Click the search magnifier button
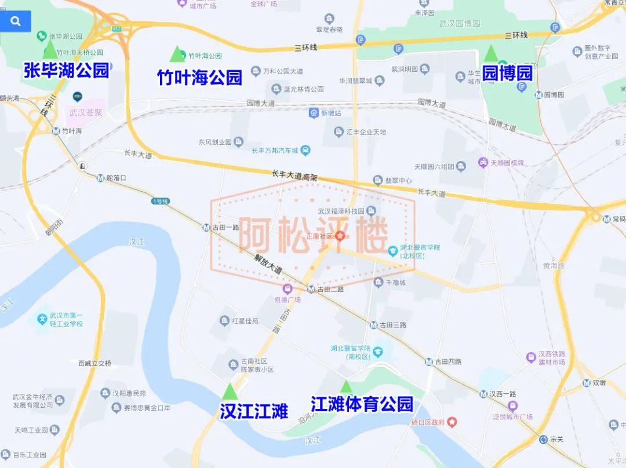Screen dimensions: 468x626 tap(16, 21)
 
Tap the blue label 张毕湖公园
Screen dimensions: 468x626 tap(66, 71)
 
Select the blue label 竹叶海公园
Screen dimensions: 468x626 tap(199, 78)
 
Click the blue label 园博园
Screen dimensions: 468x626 tap(507, 74)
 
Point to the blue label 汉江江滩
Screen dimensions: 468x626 tap(254, 412)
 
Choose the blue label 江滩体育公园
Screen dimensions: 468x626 tap(362, 404)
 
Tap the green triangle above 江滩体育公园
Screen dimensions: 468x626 tap(346, 386)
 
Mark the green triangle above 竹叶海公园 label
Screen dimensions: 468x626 tap(176, 54)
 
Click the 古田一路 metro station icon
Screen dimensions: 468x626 tap(206, 228)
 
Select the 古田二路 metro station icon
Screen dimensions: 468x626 tap(311, 289)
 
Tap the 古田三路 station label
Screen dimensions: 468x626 tap(393, 326)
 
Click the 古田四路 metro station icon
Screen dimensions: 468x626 tap(428, 362)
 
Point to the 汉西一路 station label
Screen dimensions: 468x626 tap(502, 394)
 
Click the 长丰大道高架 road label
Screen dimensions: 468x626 tap(294, 175)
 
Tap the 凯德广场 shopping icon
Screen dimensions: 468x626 tap(287, 289)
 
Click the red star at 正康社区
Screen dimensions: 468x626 tap(340, 236)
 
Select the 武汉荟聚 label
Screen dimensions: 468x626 tap(85, 112)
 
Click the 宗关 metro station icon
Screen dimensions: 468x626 tap(543, 439)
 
